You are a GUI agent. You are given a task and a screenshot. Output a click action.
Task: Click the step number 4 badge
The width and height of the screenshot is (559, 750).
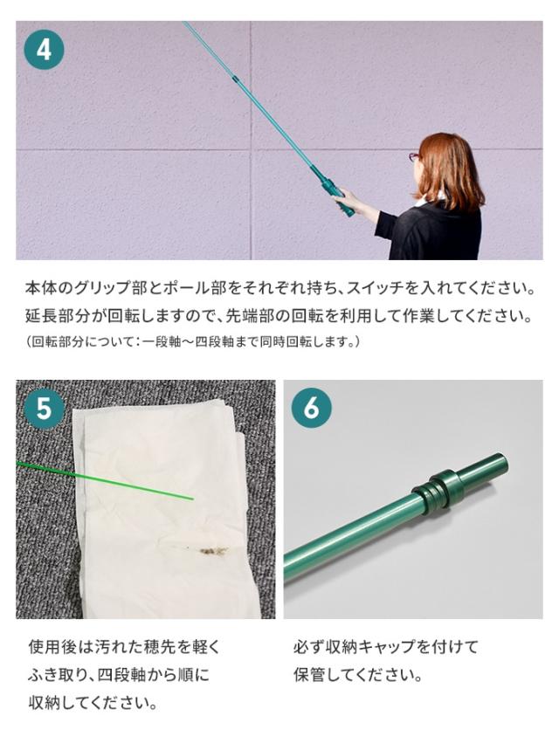(44, 49)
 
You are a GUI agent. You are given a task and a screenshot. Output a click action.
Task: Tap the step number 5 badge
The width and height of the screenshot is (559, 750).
(44, 409)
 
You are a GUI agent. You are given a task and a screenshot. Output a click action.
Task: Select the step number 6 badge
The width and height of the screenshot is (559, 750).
(312, 409)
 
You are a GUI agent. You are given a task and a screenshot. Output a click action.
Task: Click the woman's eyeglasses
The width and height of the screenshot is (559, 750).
(413, 157)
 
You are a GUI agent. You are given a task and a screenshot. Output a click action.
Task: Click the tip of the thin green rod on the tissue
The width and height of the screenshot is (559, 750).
(193, 499)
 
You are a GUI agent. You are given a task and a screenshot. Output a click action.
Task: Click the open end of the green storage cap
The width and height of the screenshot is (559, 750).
(501, 464)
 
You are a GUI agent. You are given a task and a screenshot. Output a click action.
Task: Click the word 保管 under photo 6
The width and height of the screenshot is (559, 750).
(310, 675)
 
